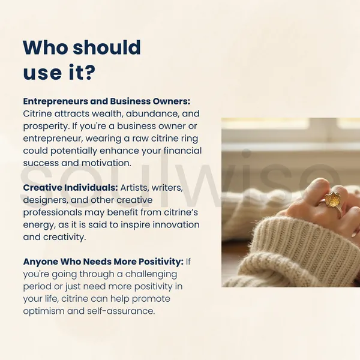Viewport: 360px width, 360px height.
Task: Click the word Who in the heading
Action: coord(46,47)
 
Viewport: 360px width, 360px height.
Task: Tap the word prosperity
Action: coord(46,127)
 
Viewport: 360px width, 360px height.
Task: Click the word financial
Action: coord(183,151)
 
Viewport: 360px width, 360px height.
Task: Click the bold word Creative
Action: coord(42,188)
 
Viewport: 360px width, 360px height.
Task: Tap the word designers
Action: coord(46,200)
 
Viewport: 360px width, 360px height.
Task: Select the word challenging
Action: coord(151,274)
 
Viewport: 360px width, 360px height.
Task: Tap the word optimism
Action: coord(44,311)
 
